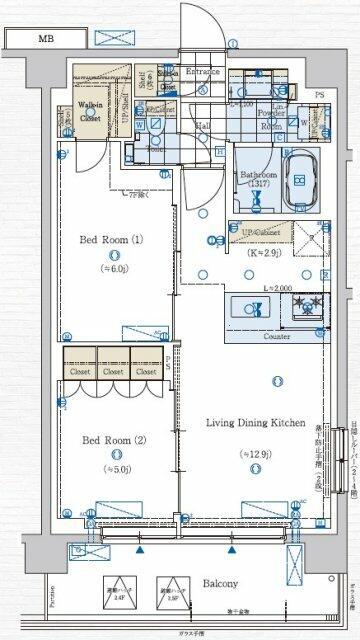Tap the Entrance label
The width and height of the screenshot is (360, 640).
(x=204, y=73)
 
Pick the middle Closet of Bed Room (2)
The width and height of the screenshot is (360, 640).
(x=111, y=369)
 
